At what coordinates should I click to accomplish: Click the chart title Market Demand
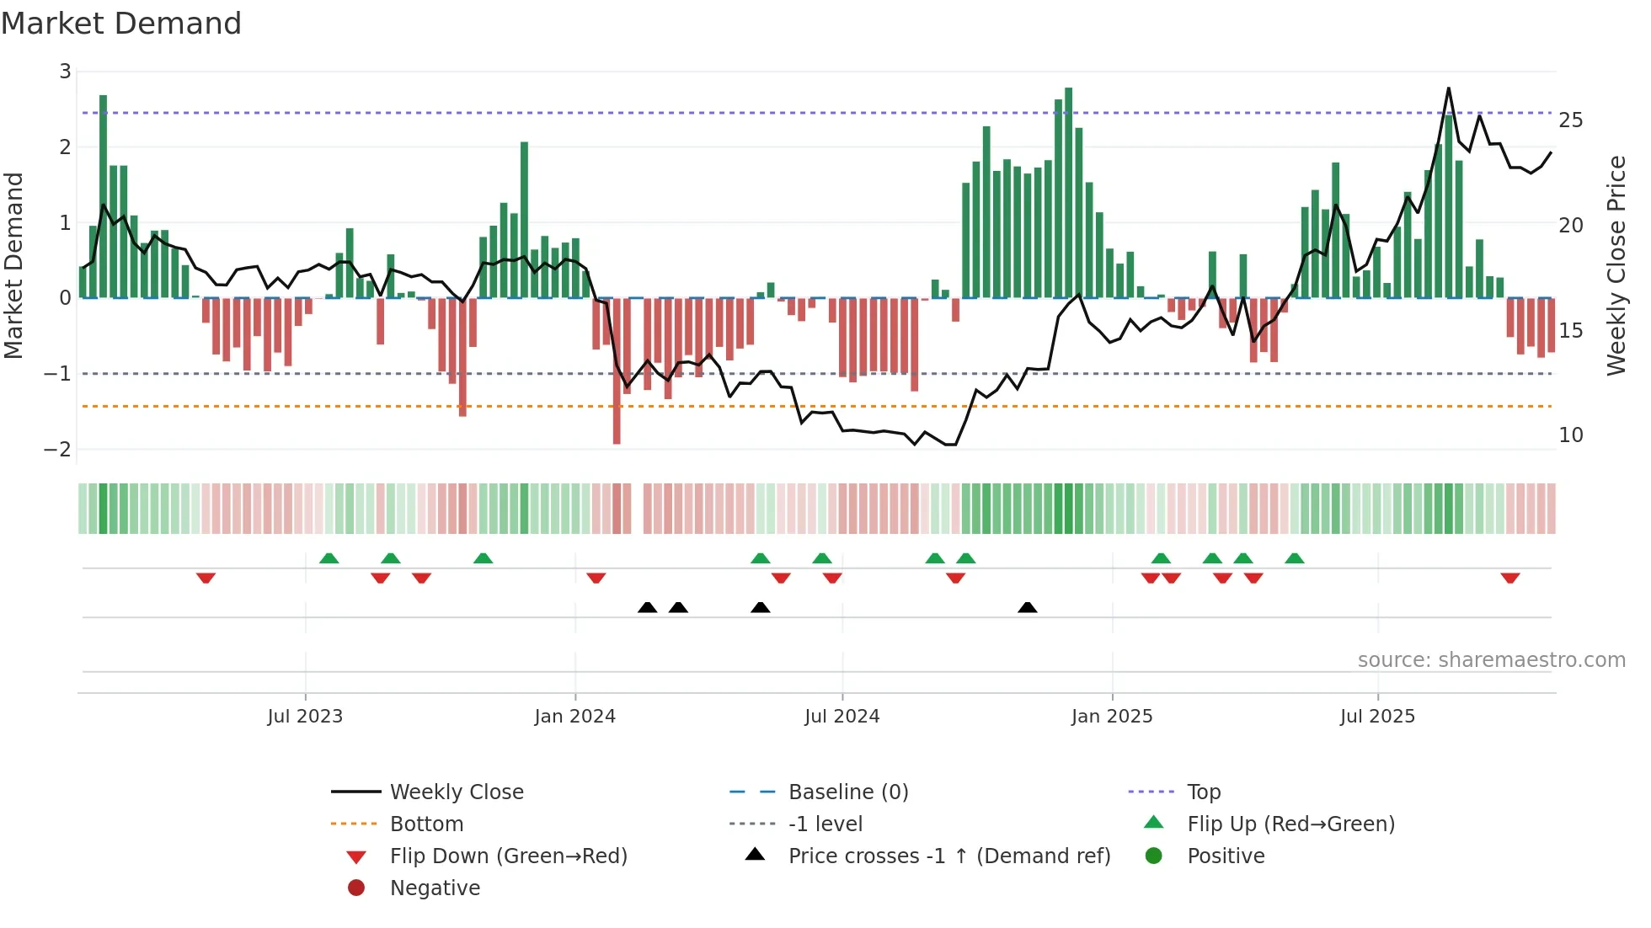click(121, 24)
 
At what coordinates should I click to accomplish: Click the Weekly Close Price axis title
click(1616, 265)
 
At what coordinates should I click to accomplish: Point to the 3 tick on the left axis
click(65, 72)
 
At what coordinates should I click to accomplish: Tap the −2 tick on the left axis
click(58, 449)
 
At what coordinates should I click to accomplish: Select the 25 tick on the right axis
click(1570, 120)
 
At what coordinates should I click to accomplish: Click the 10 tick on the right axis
click(1570, 435)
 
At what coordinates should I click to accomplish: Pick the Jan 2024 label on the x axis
click(574, 717)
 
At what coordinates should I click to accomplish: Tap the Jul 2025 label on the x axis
click(1377, 717)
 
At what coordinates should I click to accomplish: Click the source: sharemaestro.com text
click(1491, 660)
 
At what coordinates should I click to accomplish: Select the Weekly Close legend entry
click(456, 792)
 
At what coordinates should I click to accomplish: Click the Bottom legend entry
click(426, 824)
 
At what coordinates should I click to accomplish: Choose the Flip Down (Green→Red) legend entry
click(508, 856)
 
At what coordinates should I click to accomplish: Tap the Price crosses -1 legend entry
click(948, 856)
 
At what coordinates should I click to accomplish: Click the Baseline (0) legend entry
click(847, 792)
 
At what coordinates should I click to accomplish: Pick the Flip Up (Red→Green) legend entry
click(1290, 824)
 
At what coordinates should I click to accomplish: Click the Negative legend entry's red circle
click(356, 888)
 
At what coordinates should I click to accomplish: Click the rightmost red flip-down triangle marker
click(1509, 578)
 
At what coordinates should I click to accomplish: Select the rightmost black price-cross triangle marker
click(1027, 607)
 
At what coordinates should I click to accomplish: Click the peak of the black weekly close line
click(1449, 88)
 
